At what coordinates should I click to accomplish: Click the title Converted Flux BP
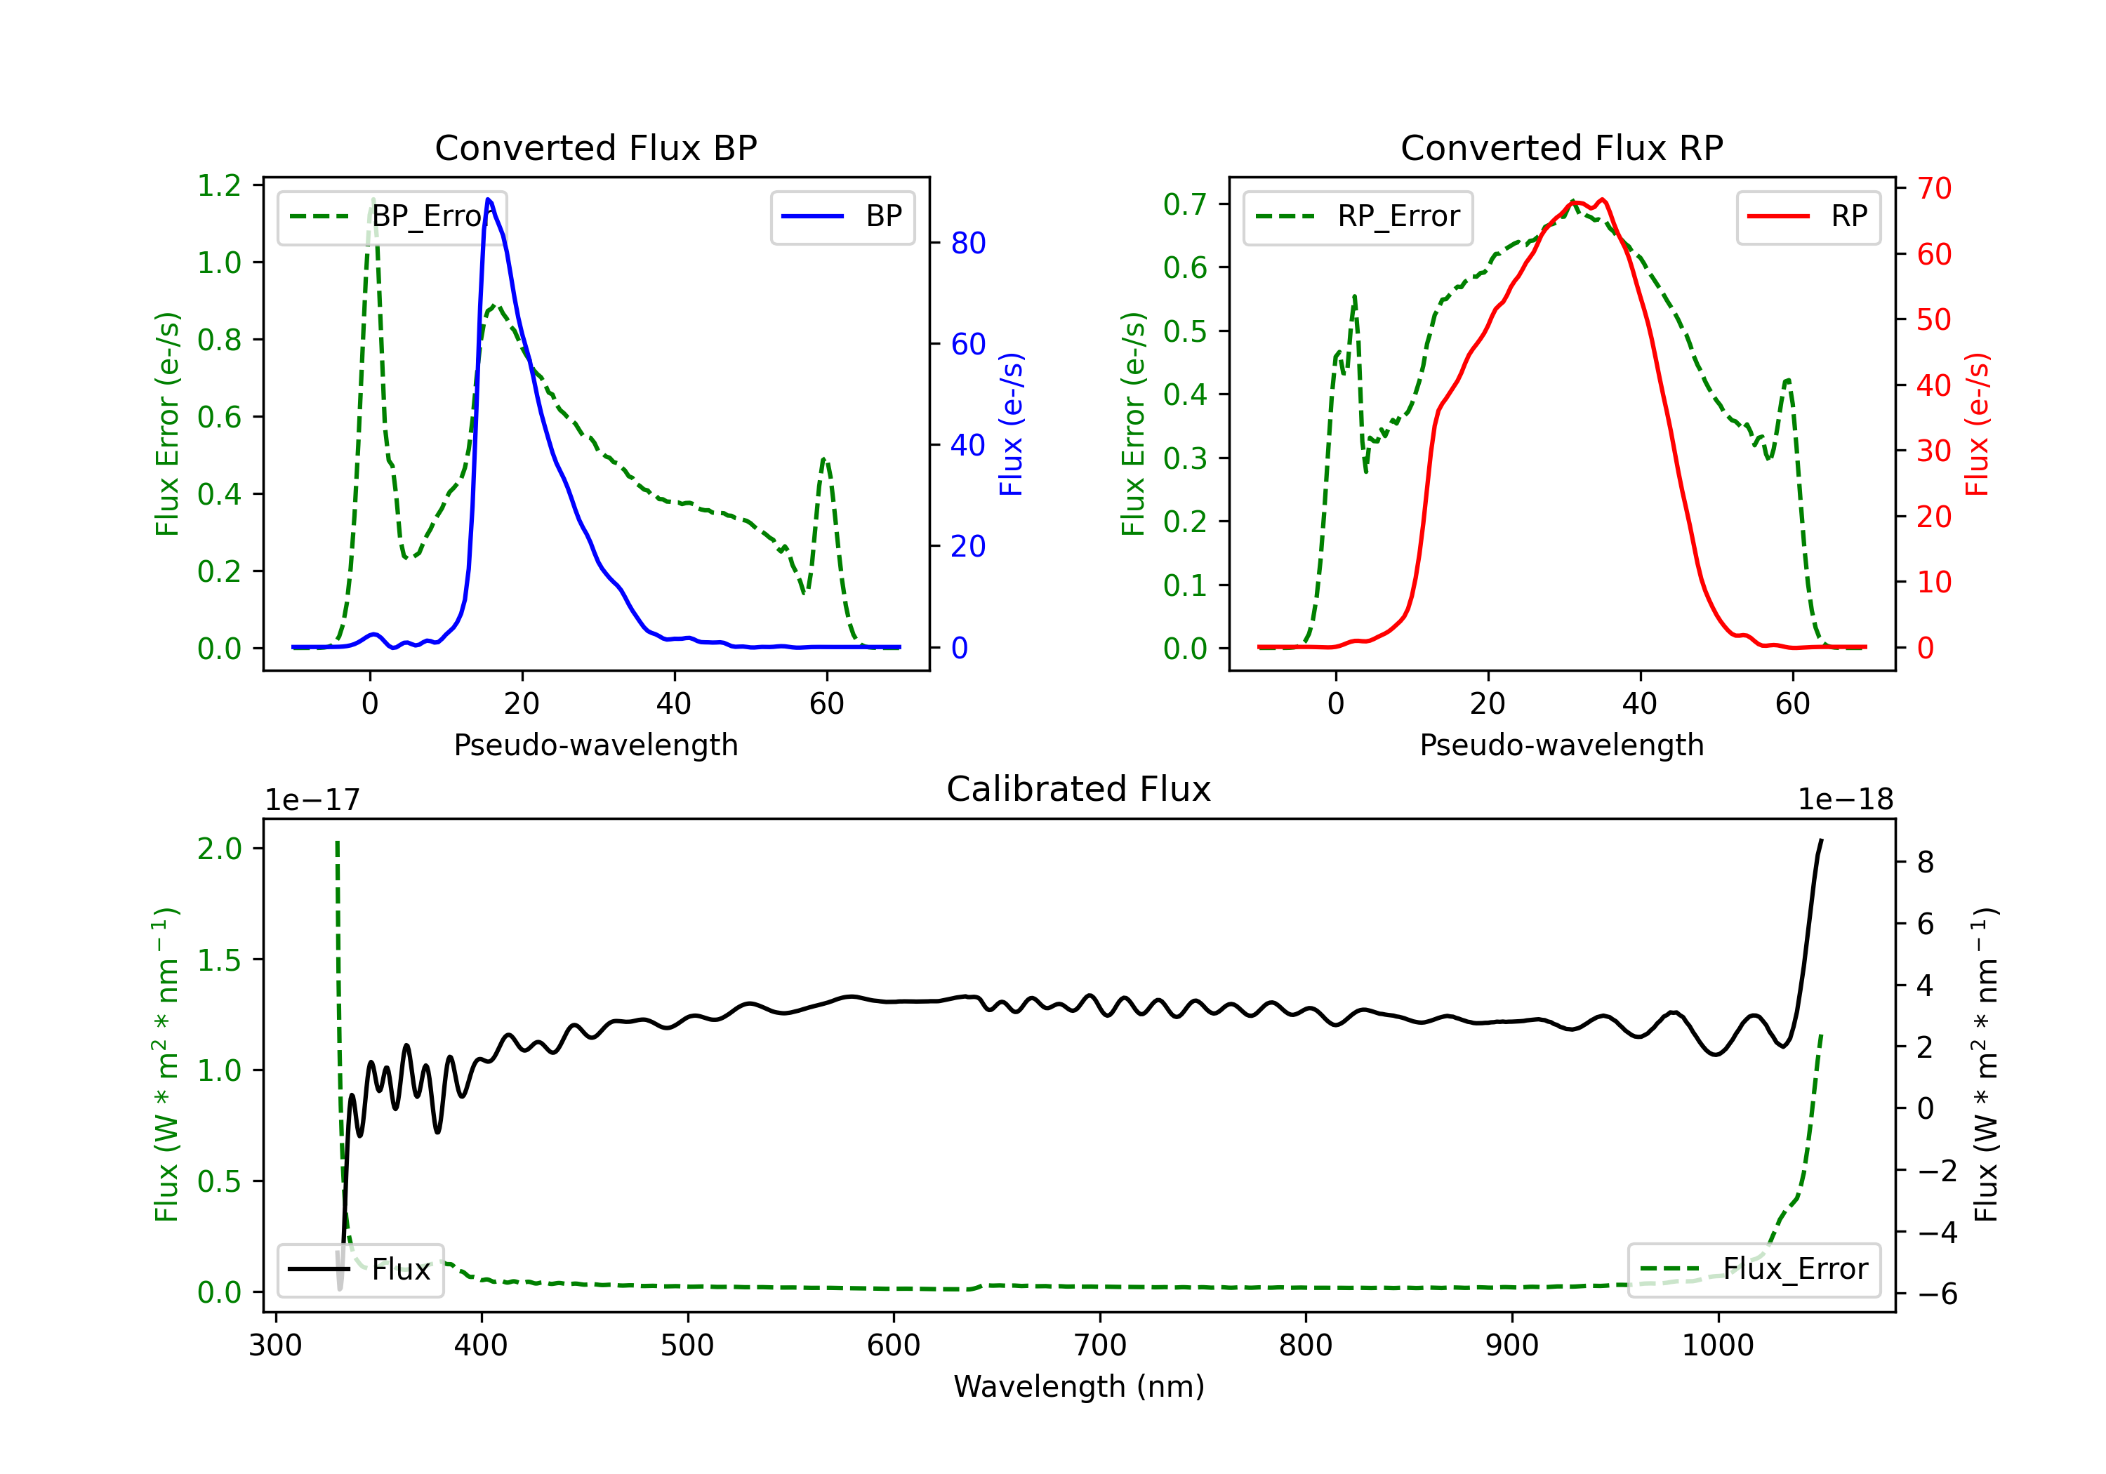[x=595, y=147]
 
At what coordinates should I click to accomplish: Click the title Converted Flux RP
[x=1561, y=147]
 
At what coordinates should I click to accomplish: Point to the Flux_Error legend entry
[x=1754, y=1270]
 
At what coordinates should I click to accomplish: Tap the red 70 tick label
[x=1933, y=188]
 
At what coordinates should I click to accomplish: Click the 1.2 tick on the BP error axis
[x=219, y=185]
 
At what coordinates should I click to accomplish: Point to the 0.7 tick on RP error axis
[x=1185, y=204]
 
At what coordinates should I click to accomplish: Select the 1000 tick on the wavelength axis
[x=1717, y=1346]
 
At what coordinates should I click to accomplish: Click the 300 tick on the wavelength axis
[x=276, y=1346]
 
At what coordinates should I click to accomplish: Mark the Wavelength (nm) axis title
[x=1079, y=1386]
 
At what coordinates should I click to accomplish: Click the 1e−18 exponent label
[x=1845, y=800]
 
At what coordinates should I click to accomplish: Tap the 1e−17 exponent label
[x=312, y=800]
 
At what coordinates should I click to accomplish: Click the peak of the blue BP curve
[x=489, y=199]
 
